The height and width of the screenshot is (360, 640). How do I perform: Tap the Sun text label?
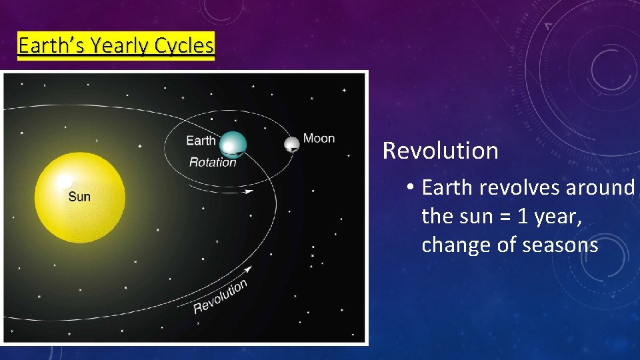(79, 197)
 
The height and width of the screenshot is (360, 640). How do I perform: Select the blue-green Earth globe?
(233, 144)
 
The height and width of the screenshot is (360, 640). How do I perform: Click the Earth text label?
(201, 140)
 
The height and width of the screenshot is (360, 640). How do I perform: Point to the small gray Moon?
(291, 144)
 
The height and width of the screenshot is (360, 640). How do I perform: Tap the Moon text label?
(319, 139)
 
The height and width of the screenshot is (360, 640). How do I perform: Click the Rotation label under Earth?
(213, 162)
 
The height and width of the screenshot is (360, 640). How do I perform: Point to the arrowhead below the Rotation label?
(249, 192)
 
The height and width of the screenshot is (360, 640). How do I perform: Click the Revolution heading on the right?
(440, 151)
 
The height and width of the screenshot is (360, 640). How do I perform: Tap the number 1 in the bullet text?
(504, 217)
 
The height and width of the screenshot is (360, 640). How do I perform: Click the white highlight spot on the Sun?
(64, 181)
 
